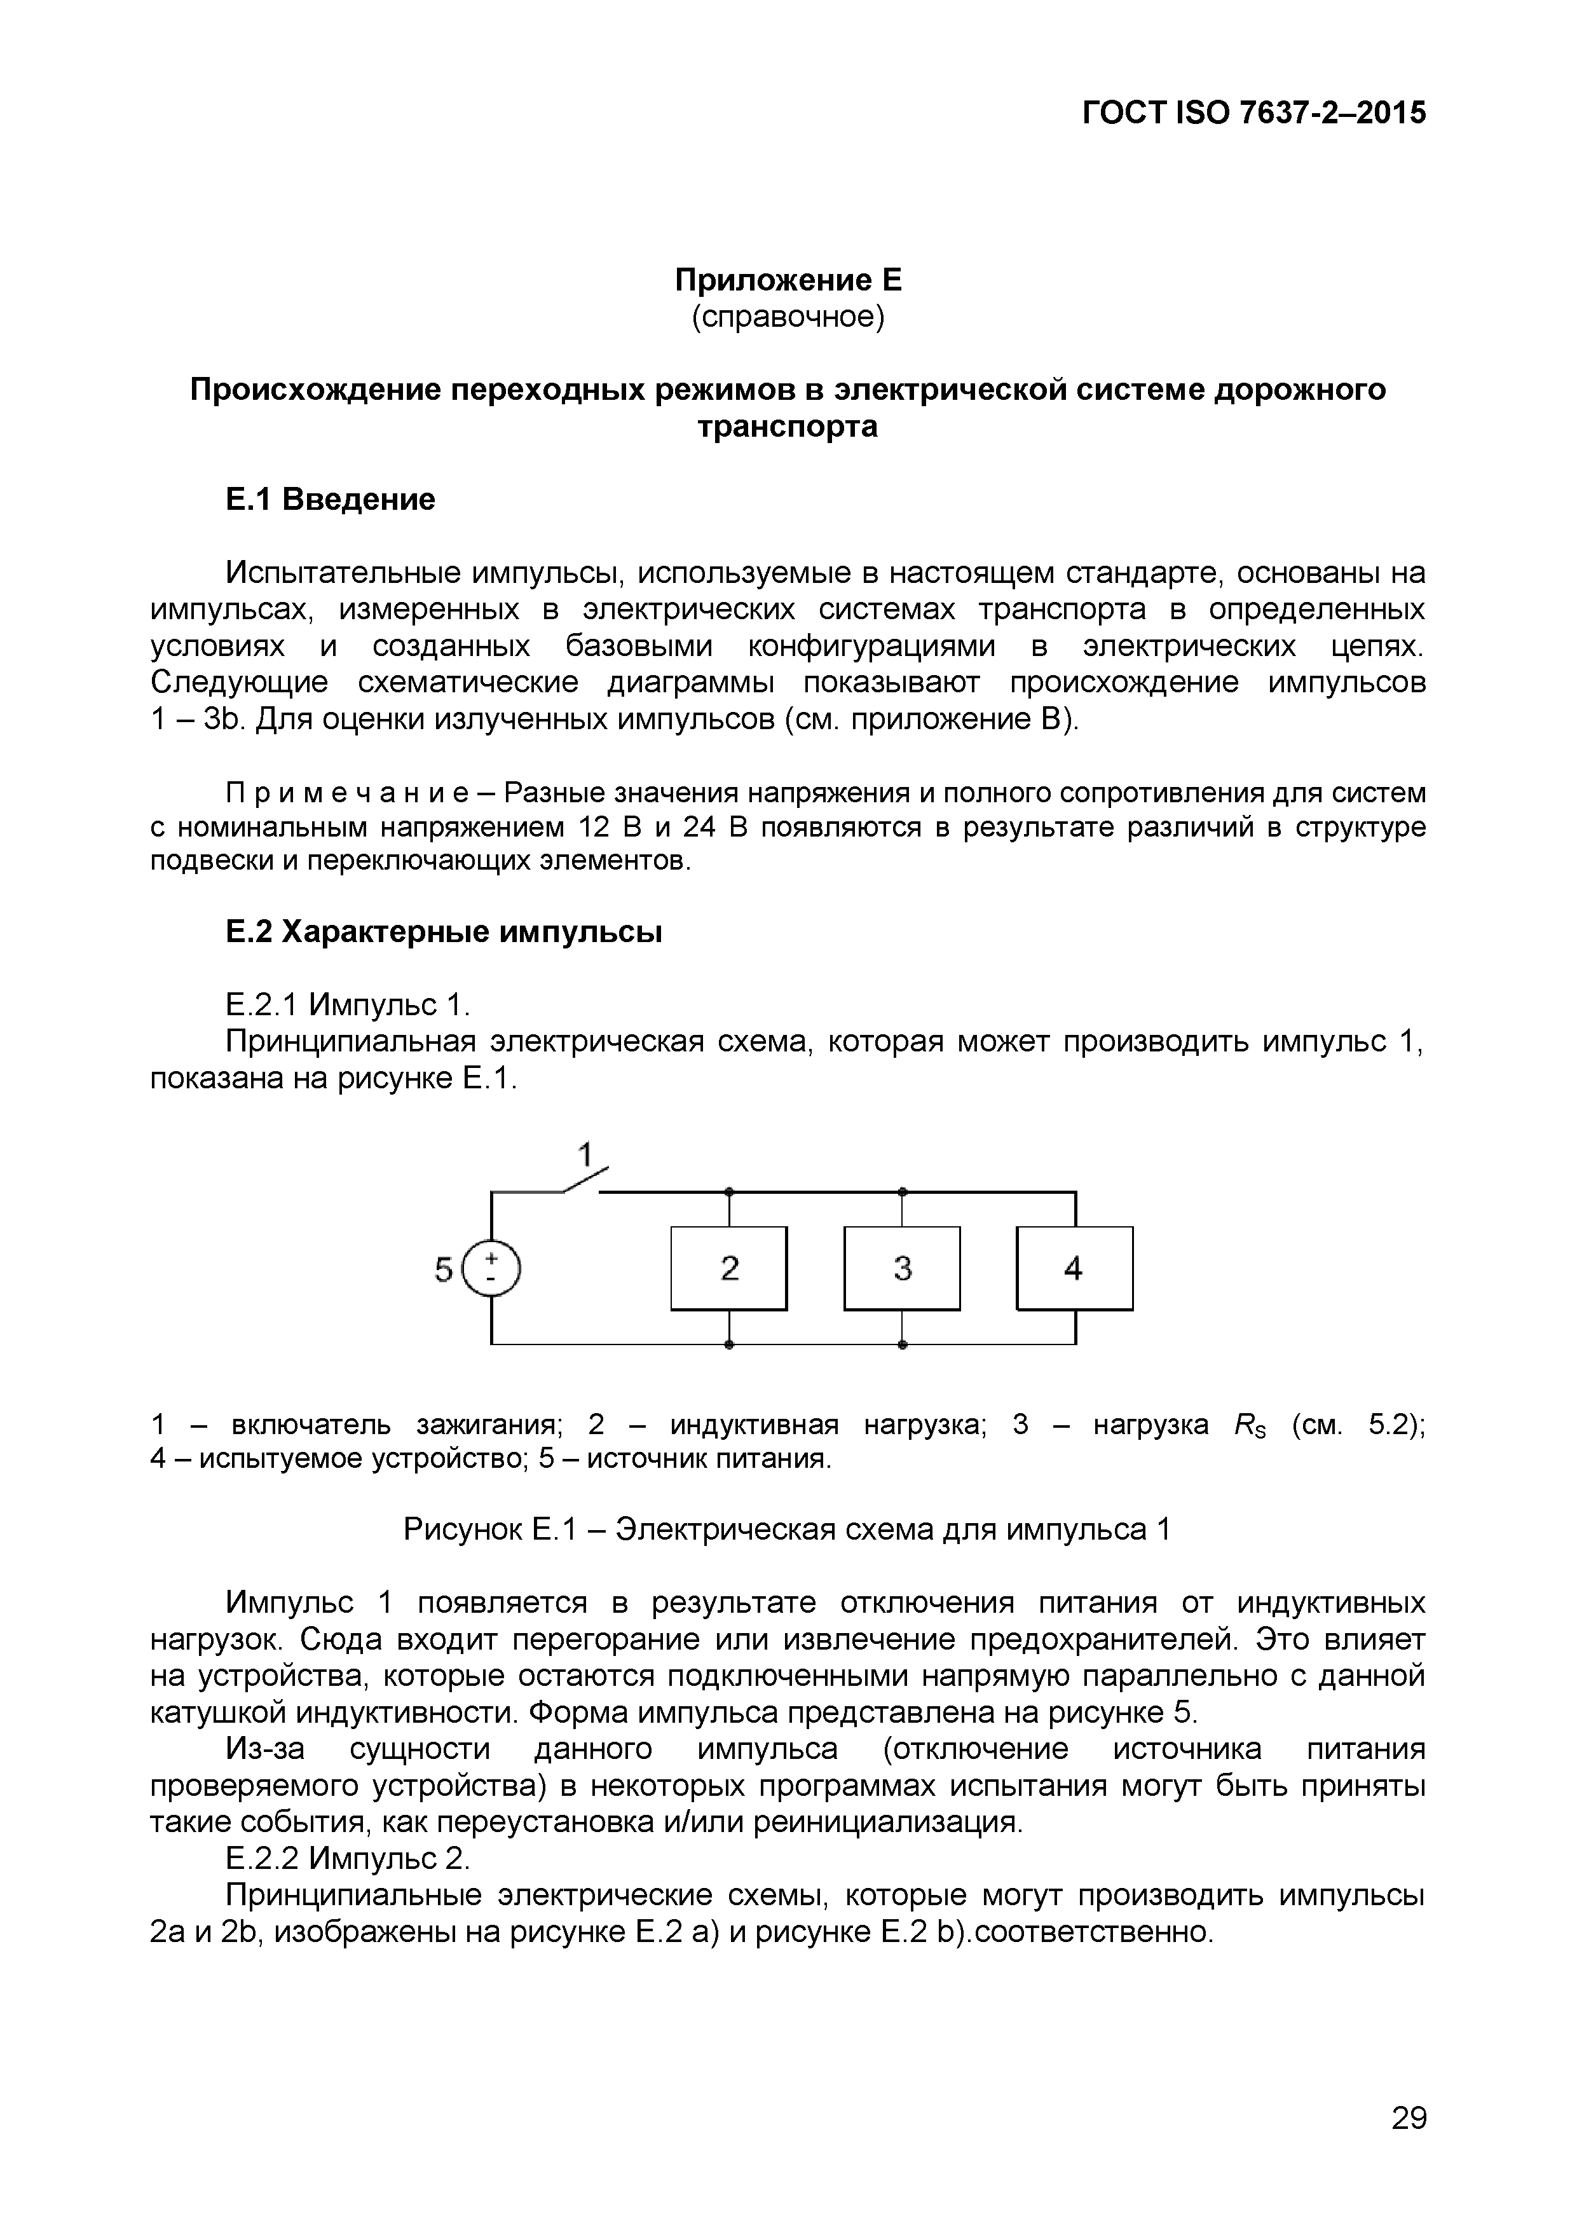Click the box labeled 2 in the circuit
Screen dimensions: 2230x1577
(x=728, y=1268)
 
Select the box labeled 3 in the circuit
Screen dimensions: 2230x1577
(x=902, y=1268)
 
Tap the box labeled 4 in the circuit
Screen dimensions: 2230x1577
(x=1074, y=1268)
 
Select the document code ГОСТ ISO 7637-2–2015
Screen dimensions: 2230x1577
(x=1253, y=114)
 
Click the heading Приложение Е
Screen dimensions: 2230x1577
(x=788, y=281)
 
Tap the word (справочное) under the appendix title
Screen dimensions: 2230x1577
(x=788, y=318)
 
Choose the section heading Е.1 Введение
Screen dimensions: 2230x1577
(x=330, y=499)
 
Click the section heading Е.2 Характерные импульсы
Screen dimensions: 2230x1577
(x=444, y=933)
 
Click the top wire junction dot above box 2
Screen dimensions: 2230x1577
(x=728, y=1191)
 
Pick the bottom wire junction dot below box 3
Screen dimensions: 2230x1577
(x=902, y=1345)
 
